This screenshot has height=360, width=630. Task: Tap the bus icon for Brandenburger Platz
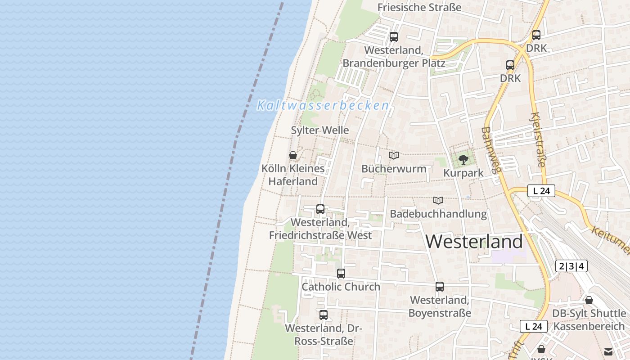pyautogui.click(x=394, y=37)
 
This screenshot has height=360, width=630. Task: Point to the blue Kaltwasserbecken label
pyautogui.click(x=323, y=106)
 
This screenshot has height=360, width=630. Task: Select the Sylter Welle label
pyautogui.click(x=320, y=130)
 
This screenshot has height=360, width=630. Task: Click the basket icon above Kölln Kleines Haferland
pyautogui.click(x=293, y=155)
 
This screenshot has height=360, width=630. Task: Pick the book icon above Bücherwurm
pyautogui.click(x=394, y=156)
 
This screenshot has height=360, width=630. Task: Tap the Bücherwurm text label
pyautogui.click(x=394, y=169)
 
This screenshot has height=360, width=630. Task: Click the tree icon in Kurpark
pyautogui.click(x=463, y=159)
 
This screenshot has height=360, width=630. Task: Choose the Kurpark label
pyautogui.click(x=463, y=173)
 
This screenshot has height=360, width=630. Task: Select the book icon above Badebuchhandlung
pyautogui.click(x=438, y=200)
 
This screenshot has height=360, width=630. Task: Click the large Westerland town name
pyautogui.click(x=474, y=242)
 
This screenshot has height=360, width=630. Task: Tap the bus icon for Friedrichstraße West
pyautogui.click(x=320, y=209)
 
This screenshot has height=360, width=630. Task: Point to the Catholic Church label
pyautogui.click(x=341, y=287)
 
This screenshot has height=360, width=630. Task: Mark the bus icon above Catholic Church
pyautogui.click(x=341, y=273)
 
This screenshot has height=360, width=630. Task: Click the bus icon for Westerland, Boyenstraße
pyautogui.click(x=440, y=287)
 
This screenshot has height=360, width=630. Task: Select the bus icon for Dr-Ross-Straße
pyautogui.click(x=324, y=315)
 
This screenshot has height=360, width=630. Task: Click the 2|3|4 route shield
pyautogui.click(x=571, y=266)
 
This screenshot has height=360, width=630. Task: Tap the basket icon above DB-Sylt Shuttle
pyautogui.click(x=589, y=300)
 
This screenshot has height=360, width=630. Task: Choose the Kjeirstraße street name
pyautogui.click(x=538, y=139)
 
